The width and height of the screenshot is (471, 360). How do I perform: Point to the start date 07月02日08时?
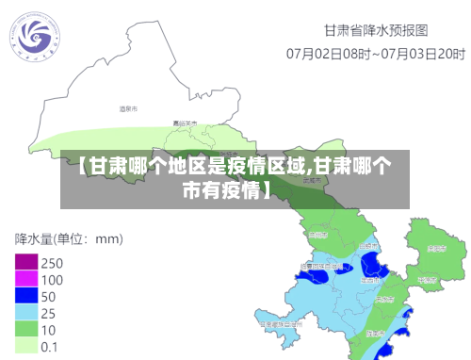pyautogui.click(x=327, y=53)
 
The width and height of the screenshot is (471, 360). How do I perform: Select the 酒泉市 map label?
pyautogui.click(x=128, y=110)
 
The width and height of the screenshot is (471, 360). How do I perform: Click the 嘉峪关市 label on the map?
pyautogui.click(x=185, y=123)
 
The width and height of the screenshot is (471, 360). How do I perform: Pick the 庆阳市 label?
pyautogui.click(x=435, y=249)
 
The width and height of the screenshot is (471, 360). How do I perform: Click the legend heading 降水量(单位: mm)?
pyautogui.click(x=69, y=238)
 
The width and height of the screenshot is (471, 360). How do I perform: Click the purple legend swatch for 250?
pyautogui.click(x=25, y=263)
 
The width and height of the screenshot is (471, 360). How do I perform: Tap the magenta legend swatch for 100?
pyautogui.click(x=25, y=280)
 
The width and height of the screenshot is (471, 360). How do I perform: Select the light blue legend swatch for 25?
pyautogui.click(x=25, y=313)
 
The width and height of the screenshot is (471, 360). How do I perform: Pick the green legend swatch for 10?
pyautogui.click(x=25, y=330)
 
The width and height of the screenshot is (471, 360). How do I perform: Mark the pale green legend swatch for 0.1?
pyautogui.click(x=25, y=346)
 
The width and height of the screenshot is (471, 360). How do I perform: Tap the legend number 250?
pyautogui.click(x=53, y=263)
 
